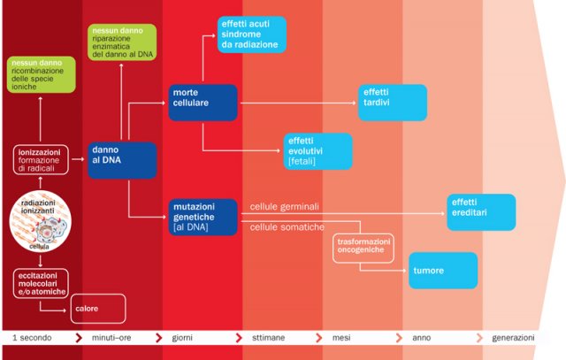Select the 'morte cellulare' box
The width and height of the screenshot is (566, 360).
tap(203, 103)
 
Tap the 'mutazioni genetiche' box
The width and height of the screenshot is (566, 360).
tap(203, 217)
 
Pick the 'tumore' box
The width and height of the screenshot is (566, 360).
tap(443, 270)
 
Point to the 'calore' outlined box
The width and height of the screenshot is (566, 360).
tap(97, 309)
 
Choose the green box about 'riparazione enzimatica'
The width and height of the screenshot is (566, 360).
tap(122, 42)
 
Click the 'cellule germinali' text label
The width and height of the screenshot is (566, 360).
tap(285, 206)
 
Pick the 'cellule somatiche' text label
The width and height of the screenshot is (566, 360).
tap(285, 227)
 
